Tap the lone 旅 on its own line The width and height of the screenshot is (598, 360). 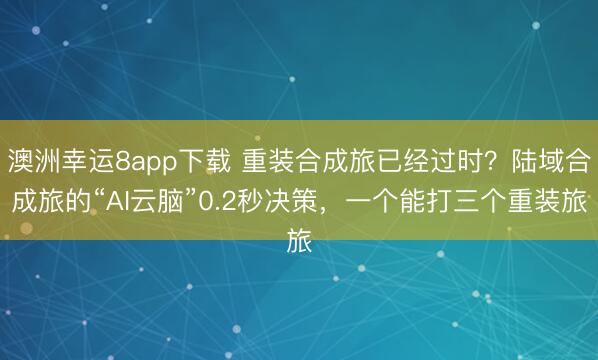[299, 241]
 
